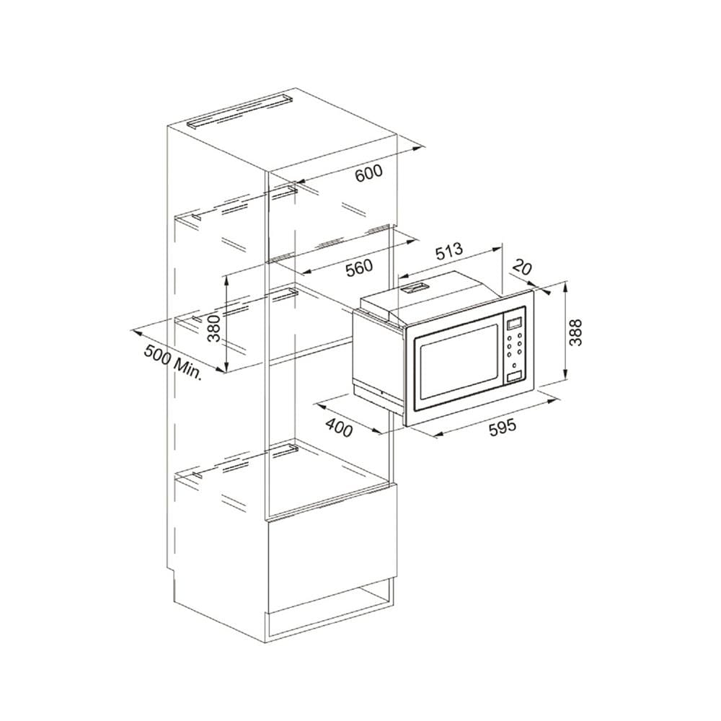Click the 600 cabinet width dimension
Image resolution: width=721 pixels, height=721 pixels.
point(368,173)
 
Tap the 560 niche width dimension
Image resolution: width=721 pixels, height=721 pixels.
point(358,267)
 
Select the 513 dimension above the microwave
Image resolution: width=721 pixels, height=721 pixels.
point(448,252)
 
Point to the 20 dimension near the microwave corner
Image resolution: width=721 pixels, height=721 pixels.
point(521,267)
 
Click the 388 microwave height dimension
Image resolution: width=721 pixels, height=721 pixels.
point(575,332)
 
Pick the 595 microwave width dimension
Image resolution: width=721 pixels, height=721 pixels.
point(502,428)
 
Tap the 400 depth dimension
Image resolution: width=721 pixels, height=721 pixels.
point(340,428)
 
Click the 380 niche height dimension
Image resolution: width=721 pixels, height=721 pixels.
point(213,328)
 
